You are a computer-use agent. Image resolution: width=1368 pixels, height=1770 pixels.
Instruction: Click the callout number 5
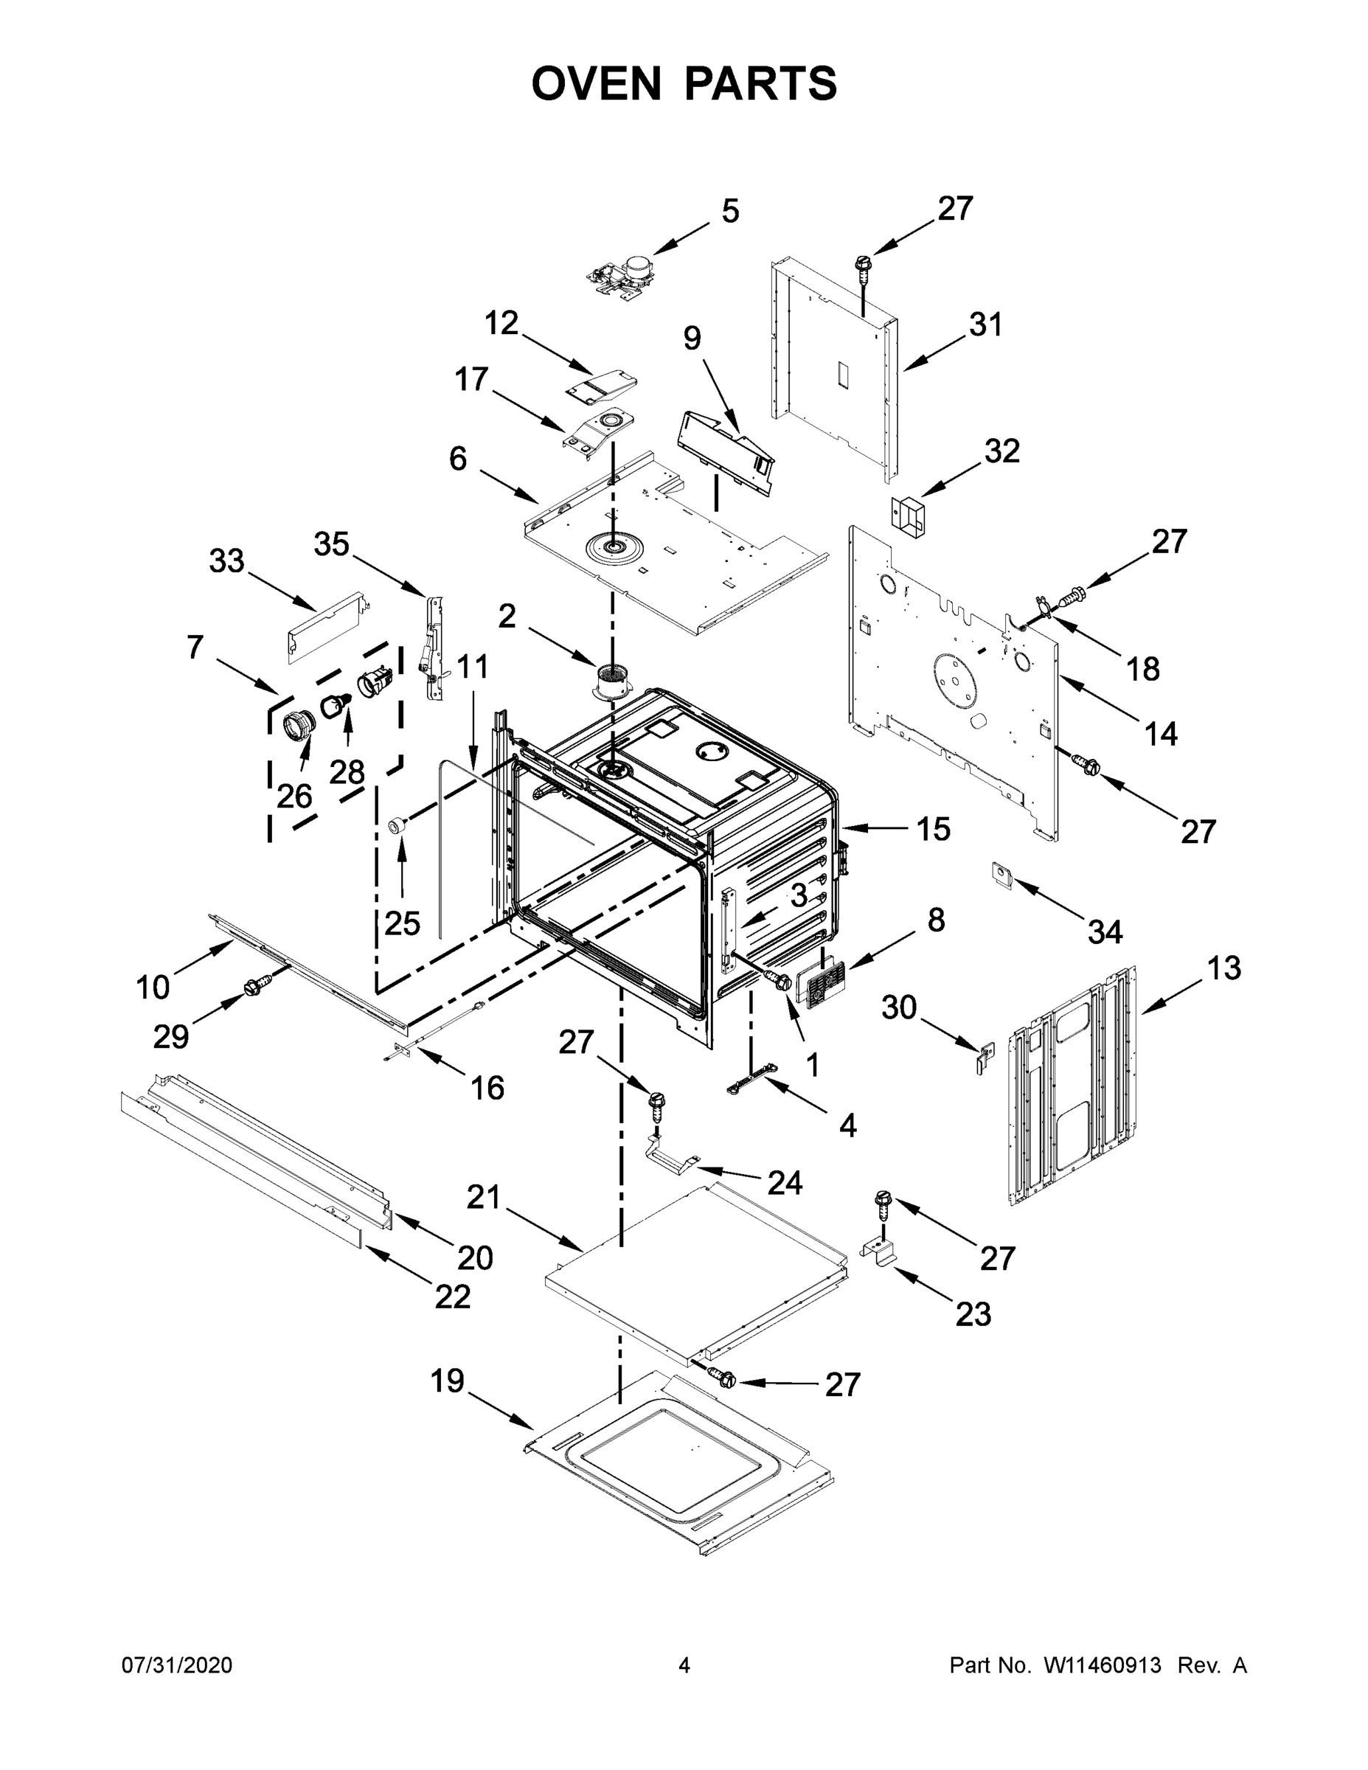tap(729, 212)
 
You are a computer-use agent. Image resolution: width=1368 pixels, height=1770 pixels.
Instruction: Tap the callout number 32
tap(1001, 451)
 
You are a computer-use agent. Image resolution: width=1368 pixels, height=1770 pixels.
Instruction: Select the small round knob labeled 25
tap(396, 825)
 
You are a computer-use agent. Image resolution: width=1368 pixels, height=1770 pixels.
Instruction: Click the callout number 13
tap(1223, 968)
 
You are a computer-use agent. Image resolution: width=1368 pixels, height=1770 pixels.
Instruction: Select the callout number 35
tap(330, 544)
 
